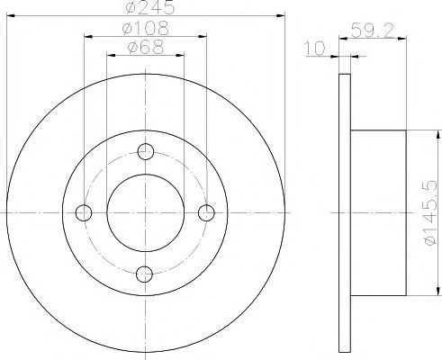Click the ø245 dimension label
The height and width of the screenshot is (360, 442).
[x=150, y=7]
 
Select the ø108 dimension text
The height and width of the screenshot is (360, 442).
[x=146, y=28]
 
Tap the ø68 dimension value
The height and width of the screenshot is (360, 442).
[x=146, y=47]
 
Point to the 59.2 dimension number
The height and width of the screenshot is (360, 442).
[x=372, y=30]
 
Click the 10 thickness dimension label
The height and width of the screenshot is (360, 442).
[x=315, y=49]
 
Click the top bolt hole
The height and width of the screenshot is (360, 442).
[x=146, y=151]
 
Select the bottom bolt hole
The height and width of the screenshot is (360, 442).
[x=144, y=274]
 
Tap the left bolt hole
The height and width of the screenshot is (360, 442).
[x=84, y=212]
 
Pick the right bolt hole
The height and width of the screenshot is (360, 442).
[x=206, y=212]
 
